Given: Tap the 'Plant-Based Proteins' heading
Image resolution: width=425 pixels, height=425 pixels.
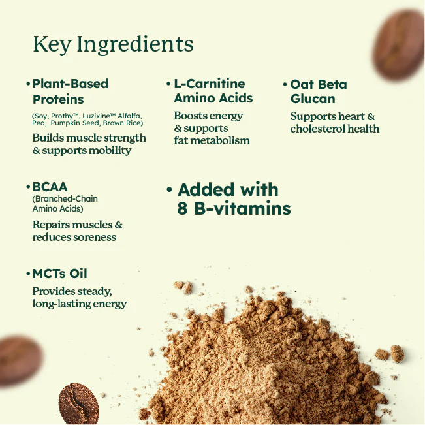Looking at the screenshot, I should (70, 91).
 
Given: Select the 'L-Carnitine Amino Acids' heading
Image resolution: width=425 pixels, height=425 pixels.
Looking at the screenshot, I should (213, 91).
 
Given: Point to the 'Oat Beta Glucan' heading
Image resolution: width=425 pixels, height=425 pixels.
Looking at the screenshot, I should (318, 91).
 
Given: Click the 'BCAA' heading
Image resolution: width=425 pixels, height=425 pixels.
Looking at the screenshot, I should (50, 187).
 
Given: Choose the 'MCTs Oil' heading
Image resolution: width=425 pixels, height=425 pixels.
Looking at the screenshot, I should (59, 274).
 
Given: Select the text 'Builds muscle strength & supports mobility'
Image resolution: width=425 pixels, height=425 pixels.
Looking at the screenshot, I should (89, 144).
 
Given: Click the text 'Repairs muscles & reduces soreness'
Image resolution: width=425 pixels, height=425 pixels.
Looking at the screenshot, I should (77, 230).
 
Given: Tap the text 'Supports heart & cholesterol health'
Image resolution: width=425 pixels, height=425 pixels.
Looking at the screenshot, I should (334, 122).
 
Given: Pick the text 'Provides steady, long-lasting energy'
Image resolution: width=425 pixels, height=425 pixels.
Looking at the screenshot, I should (79, 297).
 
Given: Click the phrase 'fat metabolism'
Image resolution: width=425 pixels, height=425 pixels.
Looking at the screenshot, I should (212, 140).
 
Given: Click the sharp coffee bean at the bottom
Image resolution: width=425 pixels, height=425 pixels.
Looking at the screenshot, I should (78, 403).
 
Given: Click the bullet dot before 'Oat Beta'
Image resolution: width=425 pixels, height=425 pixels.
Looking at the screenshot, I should (285, 85).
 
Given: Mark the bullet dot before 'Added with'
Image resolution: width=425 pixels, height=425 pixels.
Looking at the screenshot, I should (169, 191).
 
